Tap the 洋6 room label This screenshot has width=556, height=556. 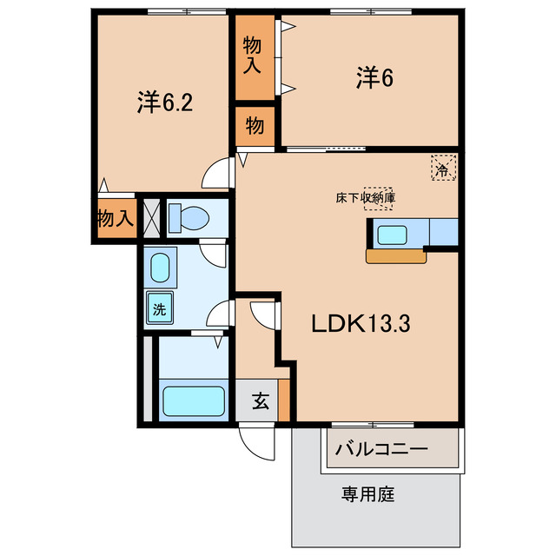(x=374, y=78)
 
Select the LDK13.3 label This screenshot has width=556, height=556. (x=361, y=324)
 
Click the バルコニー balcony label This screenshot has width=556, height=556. (x=382, y=450)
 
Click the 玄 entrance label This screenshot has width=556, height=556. (x=260, y=401)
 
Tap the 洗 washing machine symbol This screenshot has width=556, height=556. (x=160, y=308)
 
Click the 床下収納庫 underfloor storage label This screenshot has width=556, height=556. (x=366, y=198)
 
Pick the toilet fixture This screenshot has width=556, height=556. (x=188, y=217)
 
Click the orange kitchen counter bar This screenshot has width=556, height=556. (x=396, y=256)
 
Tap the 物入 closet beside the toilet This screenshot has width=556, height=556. (x=114, y=219)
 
